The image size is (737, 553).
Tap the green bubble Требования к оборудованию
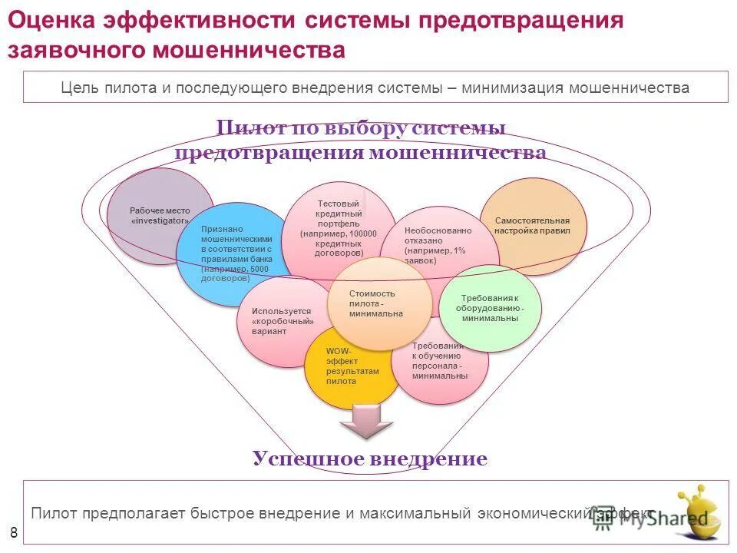(x=491, y=308)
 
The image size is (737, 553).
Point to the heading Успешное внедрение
(x=369, y=459)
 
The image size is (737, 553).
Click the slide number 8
(x=13, y=532)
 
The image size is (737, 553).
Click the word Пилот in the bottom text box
(x=53, y=513)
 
